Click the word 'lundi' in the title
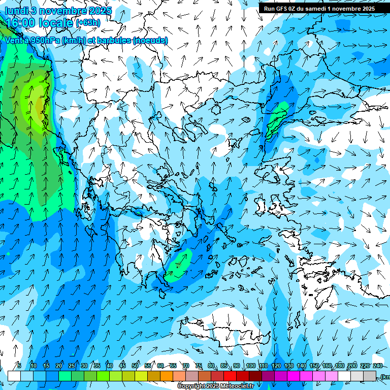(16, 11)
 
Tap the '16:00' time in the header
(23, 23)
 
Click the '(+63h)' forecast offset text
(88, 23)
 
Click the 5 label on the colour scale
(19, 366)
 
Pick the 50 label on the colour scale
(135, 366)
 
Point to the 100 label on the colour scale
(250, 366)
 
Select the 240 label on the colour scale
(377, 366)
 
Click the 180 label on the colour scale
(339, 366)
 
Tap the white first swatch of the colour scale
(14, 376)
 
